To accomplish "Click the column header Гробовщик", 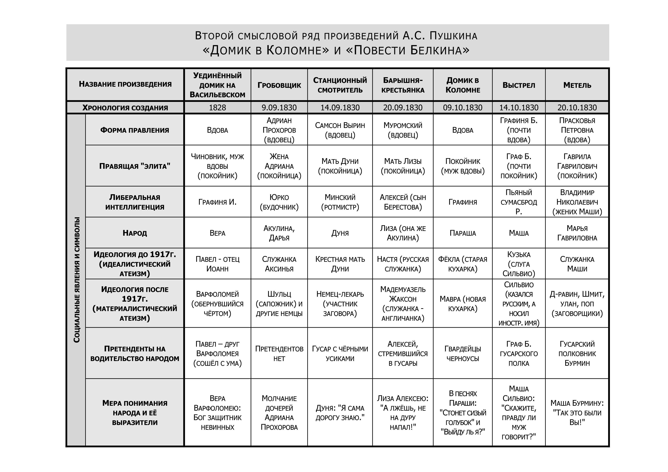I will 279,85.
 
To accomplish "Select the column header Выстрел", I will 519,85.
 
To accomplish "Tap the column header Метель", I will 577,85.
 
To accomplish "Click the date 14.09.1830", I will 340,108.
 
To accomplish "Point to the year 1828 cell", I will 217,108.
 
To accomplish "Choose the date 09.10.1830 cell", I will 463,108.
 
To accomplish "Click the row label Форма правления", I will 134,130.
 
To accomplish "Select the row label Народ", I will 134,233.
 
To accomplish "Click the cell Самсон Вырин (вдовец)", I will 340,130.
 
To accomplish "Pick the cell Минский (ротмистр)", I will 340,202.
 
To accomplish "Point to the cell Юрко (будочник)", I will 279,202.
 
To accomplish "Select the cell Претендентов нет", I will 279,354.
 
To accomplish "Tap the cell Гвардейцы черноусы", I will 463,354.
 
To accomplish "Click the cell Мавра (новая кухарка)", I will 463,304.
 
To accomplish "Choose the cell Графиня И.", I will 217,202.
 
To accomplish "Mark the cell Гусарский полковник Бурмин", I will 577,354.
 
